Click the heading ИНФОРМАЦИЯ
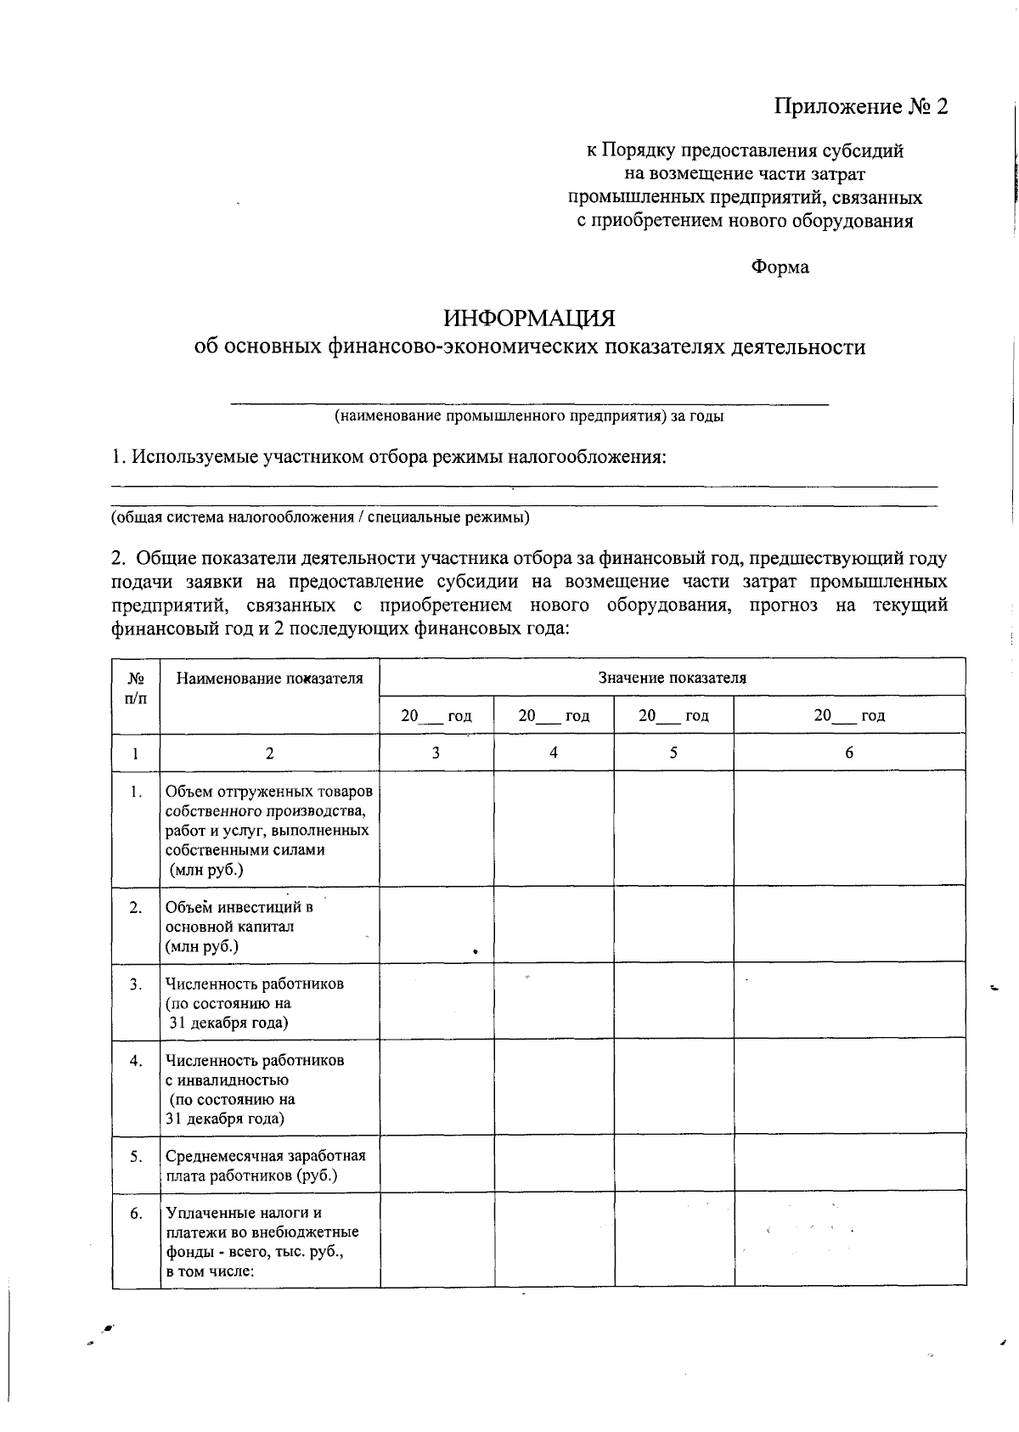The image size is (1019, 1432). (x=529, y=319)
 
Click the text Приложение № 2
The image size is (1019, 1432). (x=859, y=107)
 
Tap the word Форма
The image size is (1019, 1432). (x=780, y=268)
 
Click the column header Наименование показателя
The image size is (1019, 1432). (x=269, y=678)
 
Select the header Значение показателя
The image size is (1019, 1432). (x=672, y=678)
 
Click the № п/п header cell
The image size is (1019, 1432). (x=136, y=688)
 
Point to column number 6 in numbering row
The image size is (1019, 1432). (x=849, y=753)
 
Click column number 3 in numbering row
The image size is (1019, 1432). (x=436, y=753)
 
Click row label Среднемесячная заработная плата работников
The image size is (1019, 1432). (x=265, y=1166)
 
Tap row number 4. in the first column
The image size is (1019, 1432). (x=136, y=1061)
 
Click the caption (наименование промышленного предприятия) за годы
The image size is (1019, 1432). (x=528, y=417)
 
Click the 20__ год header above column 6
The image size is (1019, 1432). (x=849, y=715)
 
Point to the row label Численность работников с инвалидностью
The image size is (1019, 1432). (x=255, y=1090)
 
